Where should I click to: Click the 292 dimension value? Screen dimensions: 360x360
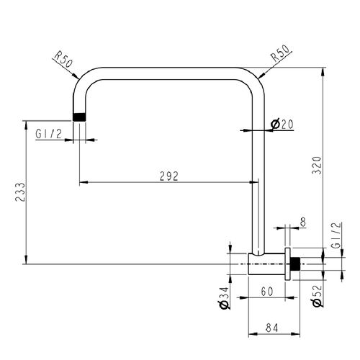click(x=169, y=176)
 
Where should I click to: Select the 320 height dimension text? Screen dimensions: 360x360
click(x=317, y=165)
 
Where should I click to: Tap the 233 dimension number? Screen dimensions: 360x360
click(x=20, y=192)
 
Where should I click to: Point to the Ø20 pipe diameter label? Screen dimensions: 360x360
click(x=282, y=124)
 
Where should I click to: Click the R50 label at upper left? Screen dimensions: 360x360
click(x=63, y=60)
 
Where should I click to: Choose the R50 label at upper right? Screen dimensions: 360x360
click(x=280, y=54)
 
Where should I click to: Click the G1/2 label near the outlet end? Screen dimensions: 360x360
click(x=49, y=134)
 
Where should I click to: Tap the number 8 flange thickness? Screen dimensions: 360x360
click(x=303, y=222)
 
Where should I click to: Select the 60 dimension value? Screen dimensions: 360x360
click(x=267, y=292)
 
